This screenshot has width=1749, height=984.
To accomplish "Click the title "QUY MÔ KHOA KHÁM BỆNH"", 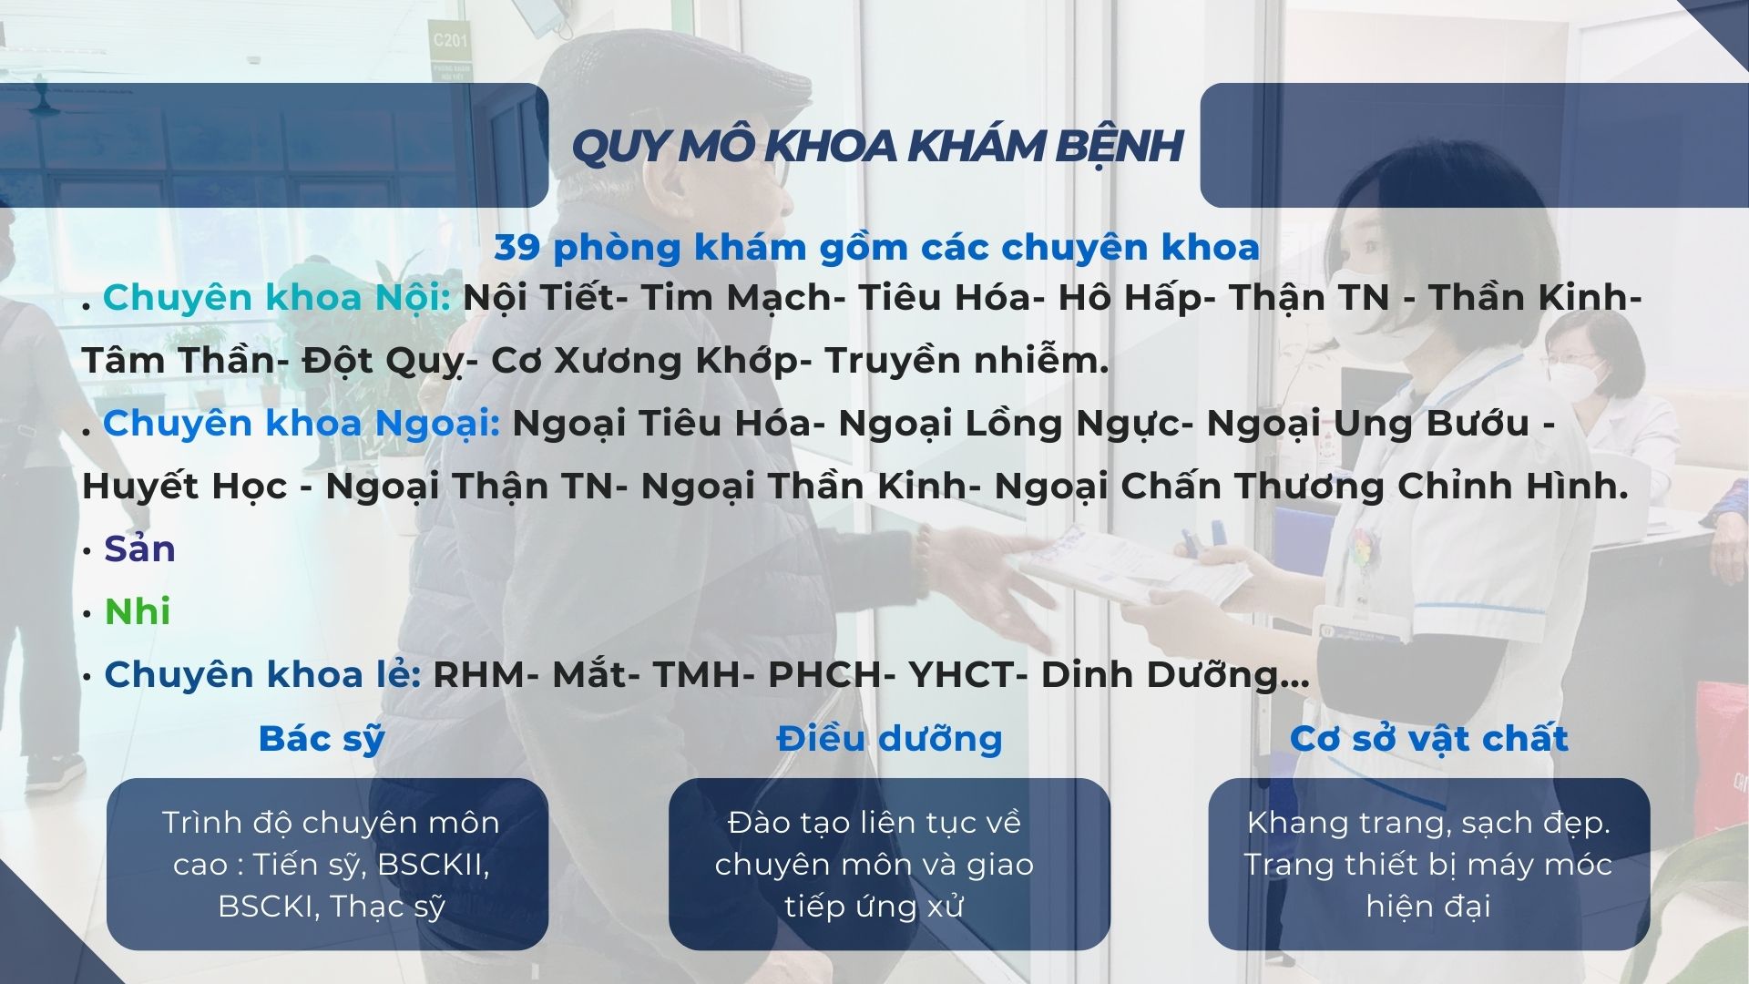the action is point(876,146).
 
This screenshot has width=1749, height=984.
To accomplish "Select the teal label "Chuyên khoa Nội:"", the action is point(277,298).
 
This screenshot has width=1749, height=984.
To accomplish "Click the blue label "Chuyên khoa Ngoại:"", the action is point(302,424).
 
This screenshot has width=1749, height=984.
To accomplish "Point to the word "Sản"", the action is point(139,549).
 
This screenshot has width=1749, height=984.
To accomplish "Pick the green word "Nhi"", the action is point(138,611).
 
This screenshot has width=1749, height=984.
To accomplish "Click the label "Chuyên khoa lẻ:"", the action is point(262,675).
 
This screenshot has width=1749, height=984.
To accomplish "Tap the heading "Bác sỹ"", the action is point(322,738).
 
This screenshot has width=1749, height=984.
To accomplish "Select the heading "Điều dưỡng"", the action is point(889,738).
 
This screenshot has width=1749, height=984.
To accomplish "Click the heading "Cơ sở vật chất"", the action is point(1428,738).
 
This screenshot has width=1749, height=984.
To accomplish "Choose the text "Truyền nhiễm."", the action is point(967,362).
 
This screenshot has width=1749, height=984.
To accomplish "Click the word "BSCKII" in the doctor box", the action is point(433,864).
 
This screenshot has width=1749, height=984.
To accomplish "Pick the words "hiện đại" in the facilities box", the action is point(1427,907).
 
